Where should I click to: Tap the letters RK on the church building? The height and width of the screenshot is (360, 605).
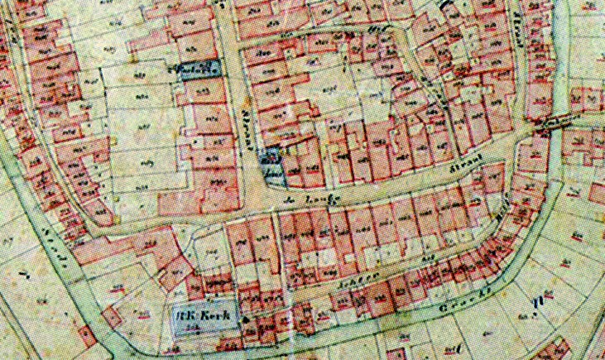click(x=192, y=314)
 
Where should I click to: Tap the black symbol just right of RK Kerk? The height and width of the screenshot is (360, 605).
click(x=247, y=318)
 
